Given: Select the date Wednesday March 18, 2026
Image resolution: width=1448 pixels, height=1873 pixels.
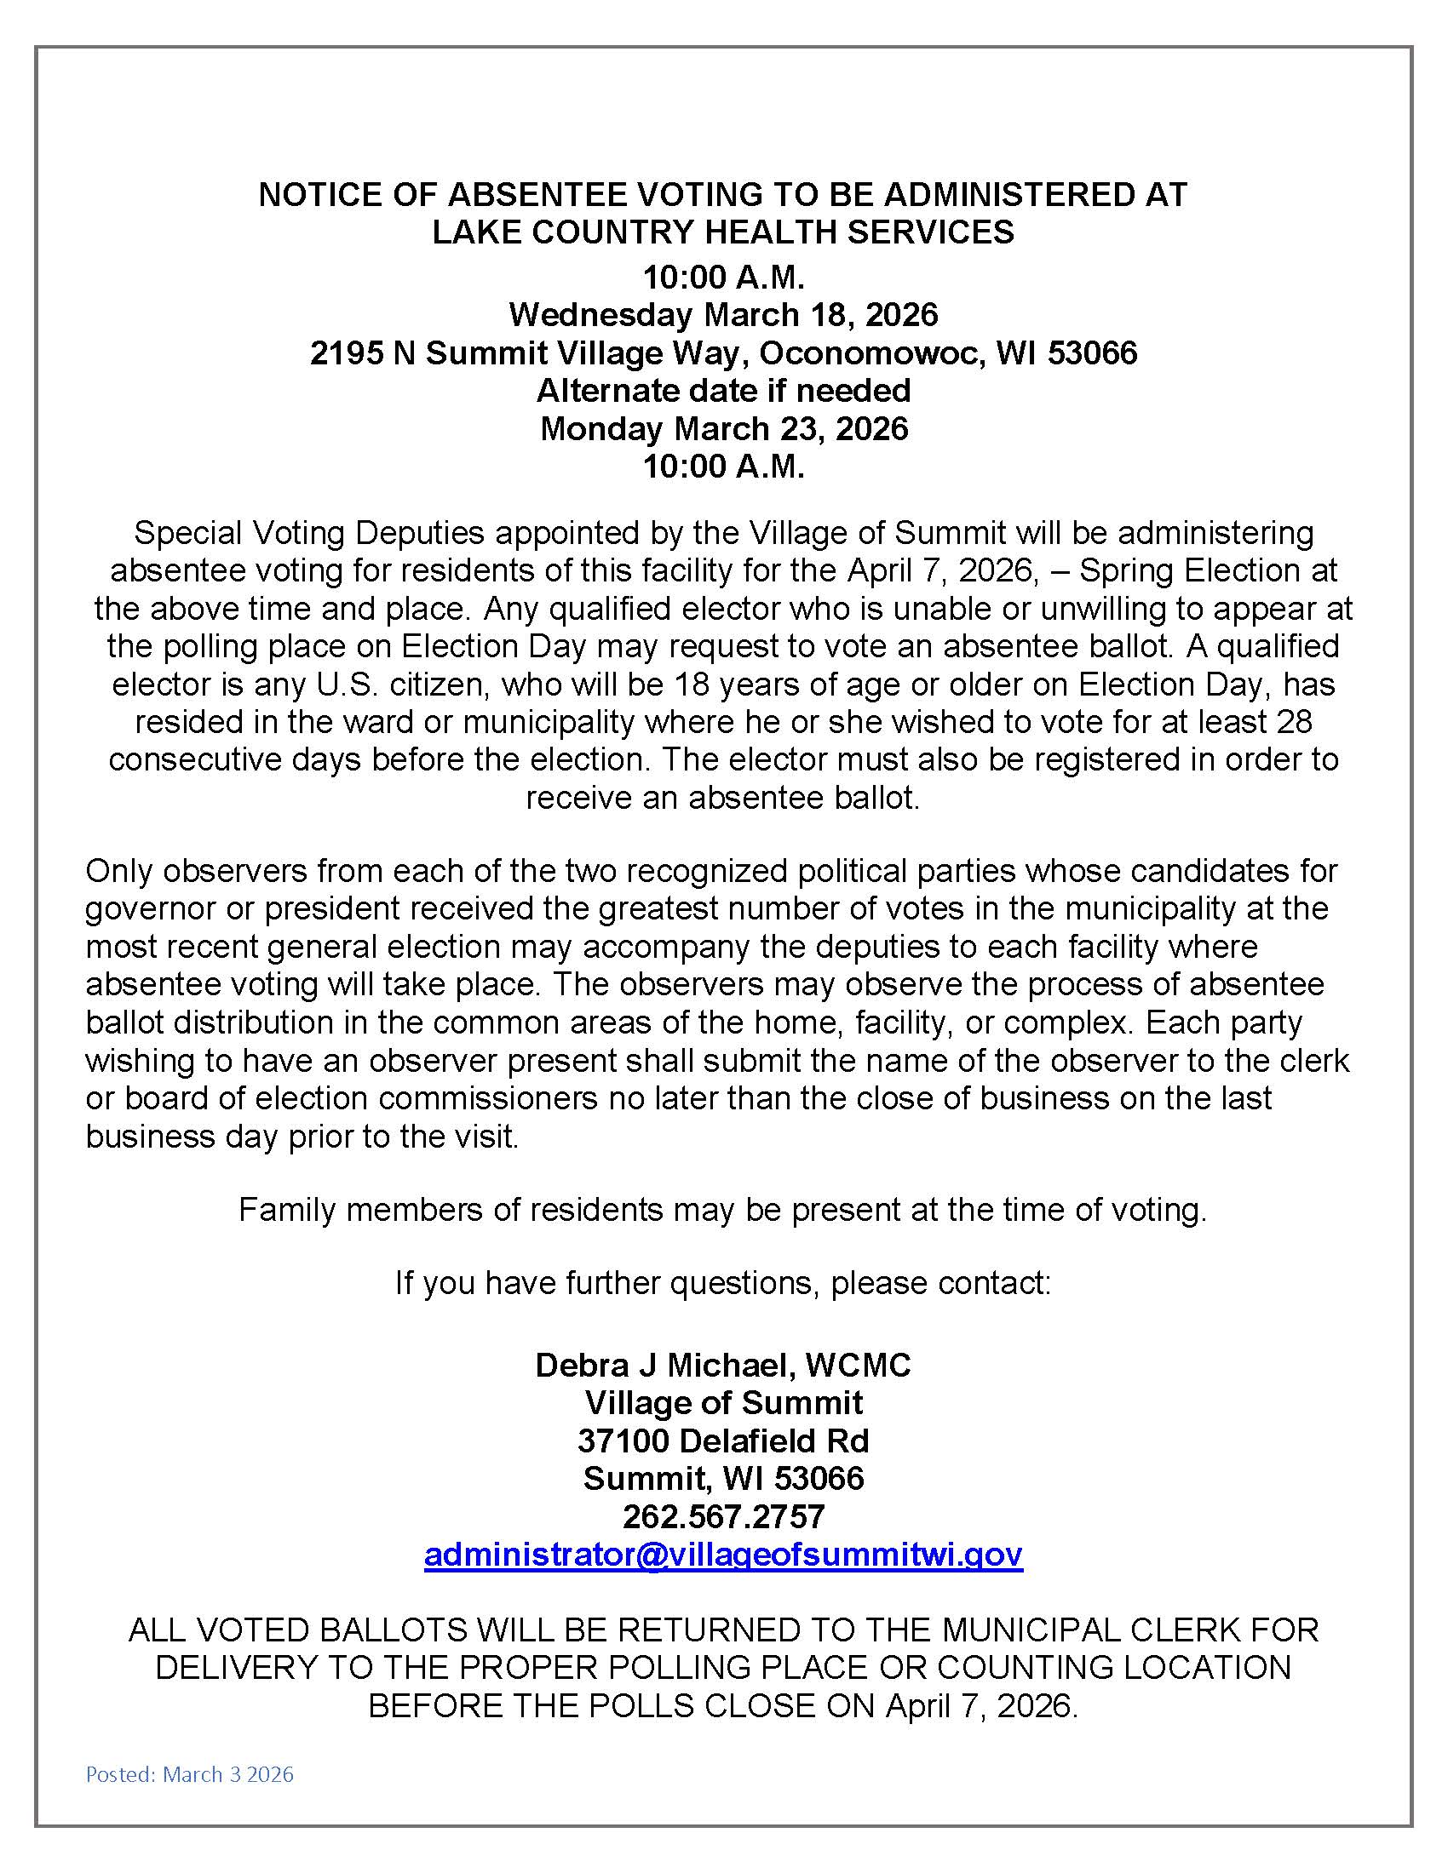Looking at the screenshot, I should [x=723, y=315].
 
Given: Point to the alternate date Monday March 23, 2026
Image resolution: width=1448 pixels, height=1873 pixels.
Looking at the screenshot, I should [x=723, y=428].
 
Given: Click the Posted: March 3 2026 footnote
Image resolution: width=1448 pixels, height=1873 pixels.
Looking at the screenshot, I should [x=190, y=1773].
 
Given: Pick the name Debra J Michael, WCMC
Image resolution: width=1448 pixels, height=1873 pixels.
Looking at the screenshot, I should [x=723, y=1365].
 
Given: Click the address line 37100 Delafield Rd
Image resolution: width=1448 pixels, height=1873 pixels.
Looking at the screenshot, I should [x=723, y=1440].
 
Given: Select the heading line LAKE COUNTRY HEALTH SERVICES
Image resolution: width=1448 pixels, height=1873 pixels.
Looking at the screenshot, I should [x=723, y=232].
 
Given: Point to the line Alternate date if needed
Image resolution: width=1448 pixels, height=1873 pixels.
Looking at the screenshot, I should [x=723, y=390].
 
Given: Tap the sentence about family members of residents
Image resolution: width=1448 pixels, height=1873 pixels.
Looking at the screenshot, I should [x=723, y=1209].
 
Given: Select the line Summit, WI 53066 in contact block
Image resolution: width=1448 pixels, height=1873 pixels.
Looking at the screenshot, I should [x=723, y=1478].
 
